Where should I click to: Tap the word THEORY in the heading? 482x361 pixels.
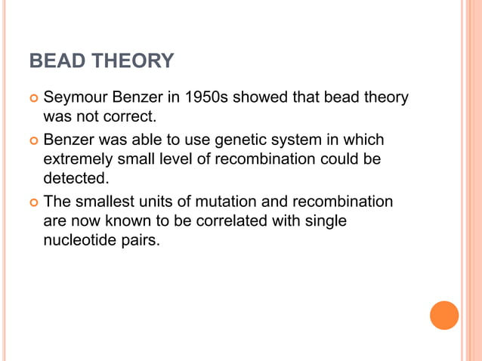(130, 61)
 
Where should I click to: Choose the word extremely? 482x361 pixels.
(75, 159)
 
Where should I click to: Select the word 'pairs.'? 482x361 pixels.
(141, 240)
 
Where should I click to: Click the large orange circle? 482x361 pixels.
(444, 315)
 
